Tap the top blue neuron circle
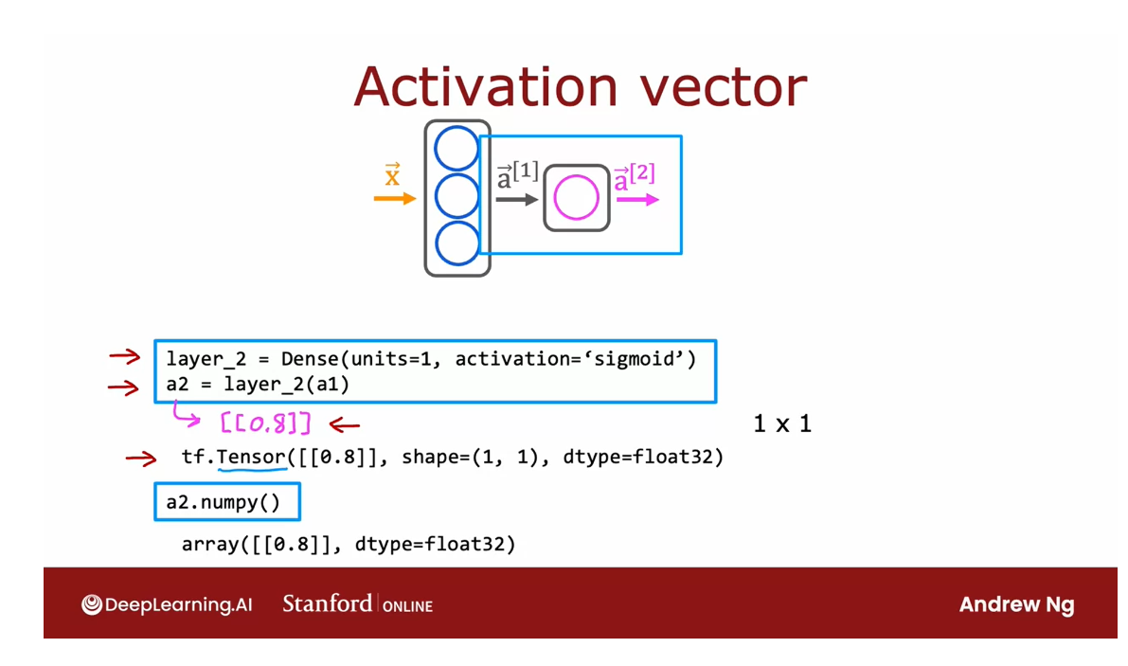click(457, 150)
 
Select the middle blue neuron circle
click(457, 197)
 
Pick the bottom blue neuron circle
click(457, 243)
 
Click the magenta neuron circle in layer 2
click(576, 199)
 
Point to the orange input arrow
click(395, 198)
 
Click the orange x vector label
click(392, 175)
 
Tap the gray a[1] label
click(517, 176)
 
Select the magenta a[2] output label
click(634, 177)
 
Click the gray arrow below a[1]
click(517, 199)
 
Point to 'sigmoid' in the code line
click(642, 359)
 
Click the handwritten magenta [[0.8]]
click(265, 423)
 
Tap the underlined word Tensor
click(251, 458)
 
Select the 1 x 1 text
click(782, 423)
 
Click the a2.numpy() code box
click(226, 502)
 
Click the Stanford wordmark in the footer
click(327, 603)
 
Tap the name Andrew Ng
click(1016, 604)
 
